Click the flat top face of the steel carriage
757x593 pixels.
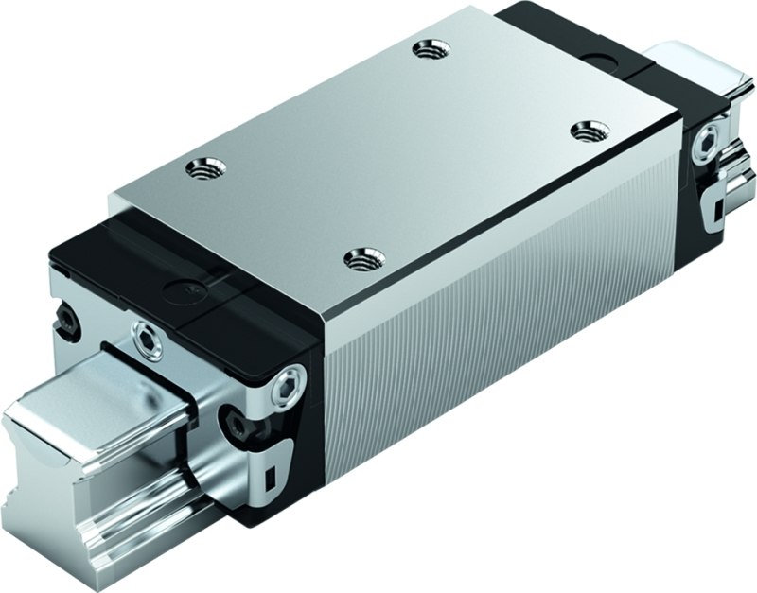pos(397,151)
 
